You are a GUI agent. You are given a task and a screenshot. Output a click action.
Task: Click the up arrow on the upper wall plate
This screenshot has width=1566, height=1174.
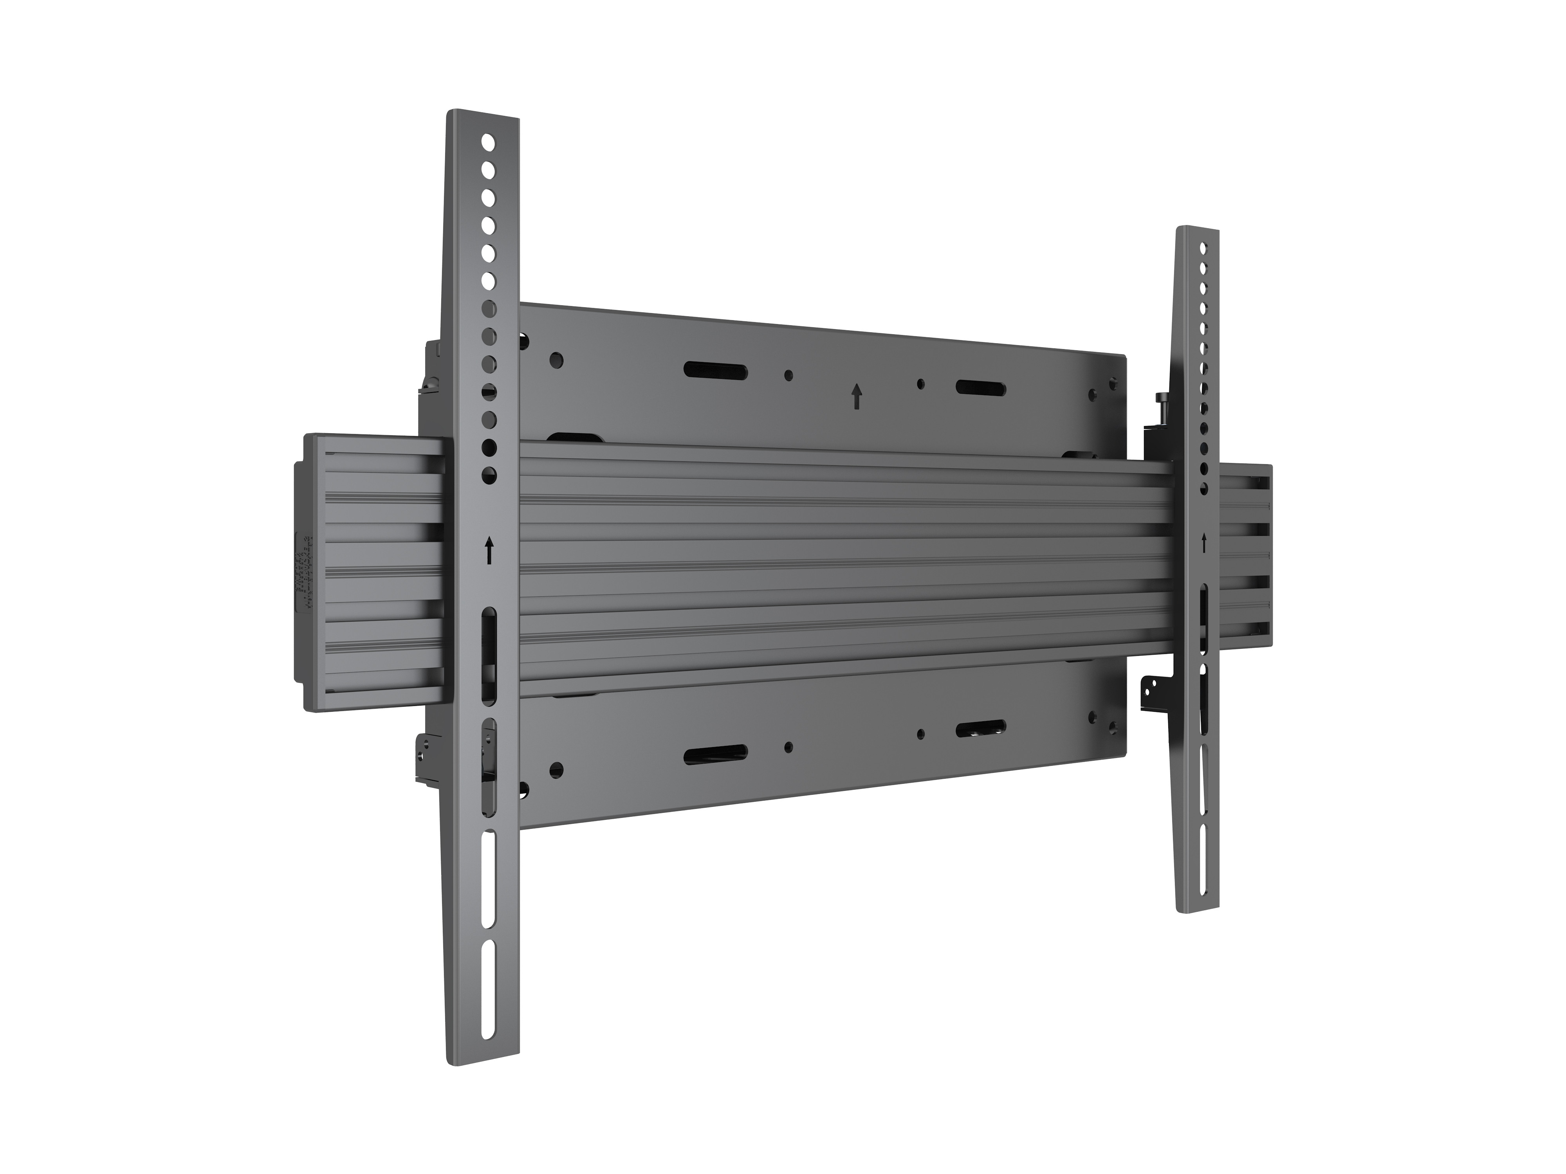coord(857,396)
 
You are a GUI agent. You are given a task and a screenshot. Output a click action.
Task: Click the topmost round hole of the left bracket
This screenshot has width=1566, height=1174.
coord(487,142)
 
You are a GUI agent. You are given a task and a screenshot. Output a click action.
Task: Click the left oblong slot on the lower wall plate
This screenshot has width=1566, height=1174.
coord(715,755)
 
